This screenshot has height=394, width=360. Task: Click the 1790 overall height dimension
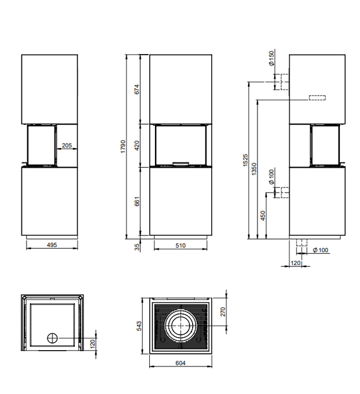123,146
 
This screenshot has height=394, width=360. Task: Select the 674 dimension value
137,89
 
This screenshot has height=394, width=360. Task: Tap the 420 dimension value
137,145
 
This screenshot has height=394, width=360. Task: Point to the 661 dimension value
137,202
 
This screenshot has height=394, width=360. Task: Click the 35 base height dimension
137,247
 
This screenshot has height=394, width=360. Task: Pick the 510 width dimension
180,245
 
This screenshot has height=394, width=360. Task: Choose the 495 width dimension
52,245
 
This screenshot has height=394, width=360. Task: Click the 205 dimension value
66,145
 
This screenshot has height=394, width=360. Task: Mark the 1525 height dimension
246,160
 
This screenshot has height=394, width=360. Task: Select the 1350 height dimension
254,169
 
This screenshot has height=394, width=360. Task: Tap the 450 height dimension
263,216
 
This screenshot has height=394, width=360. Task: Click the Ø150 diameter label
272,59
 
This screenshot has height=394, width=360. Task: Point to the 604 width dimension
180,363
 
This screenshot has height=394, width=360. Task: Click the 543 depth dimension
139,326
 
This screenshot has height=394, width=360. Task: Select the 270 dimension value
223,312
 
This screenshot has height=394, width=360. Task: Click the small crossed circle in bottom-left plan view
52,338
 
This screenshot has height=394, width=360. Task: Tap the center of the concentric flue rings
181,326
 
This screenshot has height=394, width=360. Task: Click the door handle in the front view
181,164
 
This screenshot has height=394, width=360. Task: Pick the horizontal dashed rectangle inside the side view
317,98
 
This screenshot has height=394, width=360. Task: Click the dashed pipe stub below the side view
301,243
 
